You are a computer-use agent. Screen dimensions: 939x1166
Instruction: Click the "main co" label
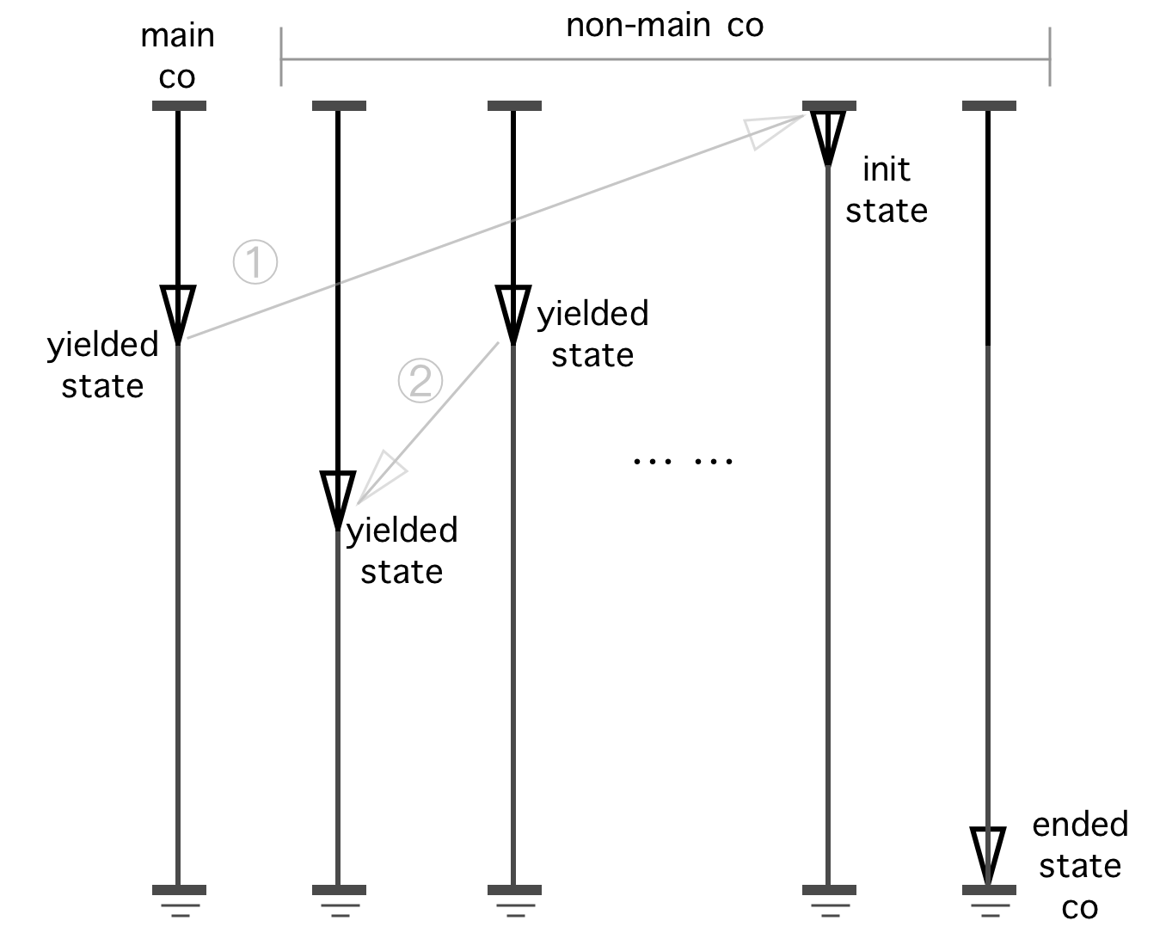[x=177, y=56]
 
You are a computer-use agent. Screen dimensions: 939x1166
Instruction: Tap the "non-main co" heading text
[x=665, y=25]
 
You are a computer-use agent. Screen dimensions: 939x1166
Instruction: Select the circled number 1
[x=255, y=262]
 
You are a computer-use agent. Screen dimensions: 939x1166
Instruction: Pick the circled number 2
[x=420, y=380]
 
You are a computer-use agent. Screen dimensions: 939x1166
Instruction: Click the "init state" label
[x=887, y=190]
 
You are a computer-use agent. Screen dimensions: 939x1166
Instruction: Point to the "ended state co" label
[x=1080, y=866]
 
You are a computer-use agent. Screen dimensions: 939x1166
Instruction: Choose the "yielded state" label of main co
[x=102, y=365]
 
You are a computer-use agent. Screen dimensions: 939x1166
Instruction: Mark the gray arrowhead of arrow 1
[x=769, y=131]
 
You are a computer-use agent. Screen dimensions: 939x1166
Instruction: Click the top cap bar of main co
[x=179, y=106]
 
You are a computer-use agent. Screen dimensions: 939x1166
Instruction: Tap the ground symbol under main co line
[x=179, y=903]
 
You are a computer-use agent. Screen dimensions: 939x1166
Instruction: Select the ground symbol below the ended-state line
[x=989, y=903]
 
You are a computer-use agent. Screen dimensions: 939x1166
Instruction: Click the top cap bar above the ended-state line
[x=989, y=106]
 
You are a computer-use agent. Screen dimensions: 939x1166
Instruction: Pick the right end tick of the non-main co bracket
[x=1049, y=58]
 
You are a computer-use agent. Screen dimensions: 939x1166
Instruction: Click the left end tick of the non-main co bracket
[x=281, y=58]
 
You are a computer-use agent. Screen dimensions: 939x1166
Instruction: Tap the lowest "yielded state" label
[x=402, y=550]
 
